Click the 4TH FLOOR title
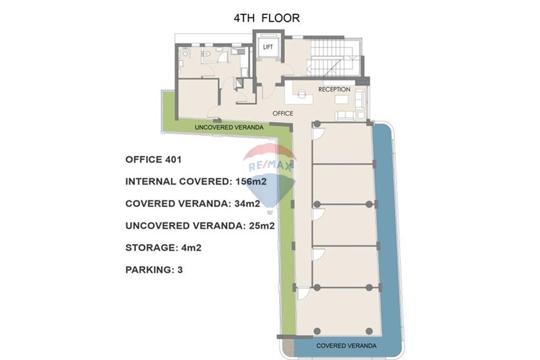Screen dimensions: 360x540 pyautogui.click(x=266, y=18)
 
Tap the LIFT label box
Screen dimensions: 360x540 pyautogui.click(x=268, y=47)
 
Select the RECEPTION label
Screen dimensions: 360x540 pyautogui.click(x=334, y=89)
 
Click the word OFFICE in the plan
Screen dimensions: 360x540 pyautogui.click(x=282, y=113)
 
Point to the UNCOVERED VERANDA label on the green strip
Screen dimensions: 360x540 pyautogui.click(x=229, y=127)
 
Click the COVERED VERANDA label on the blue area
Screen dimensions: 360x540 pyautogui.click(x=346, y=345)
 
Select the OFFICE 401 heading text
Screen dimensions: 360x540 pyautogui.click(x=153, y=159)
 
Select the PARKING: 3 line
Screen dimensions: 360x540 pyautogui.click(x=154, y=269)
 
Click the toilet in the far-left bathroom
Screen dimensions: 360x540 pyautogui.click(x=186, y=53)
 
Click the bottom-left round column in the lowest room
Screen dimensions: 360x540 pyautogui.click(x=317, y=331)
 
